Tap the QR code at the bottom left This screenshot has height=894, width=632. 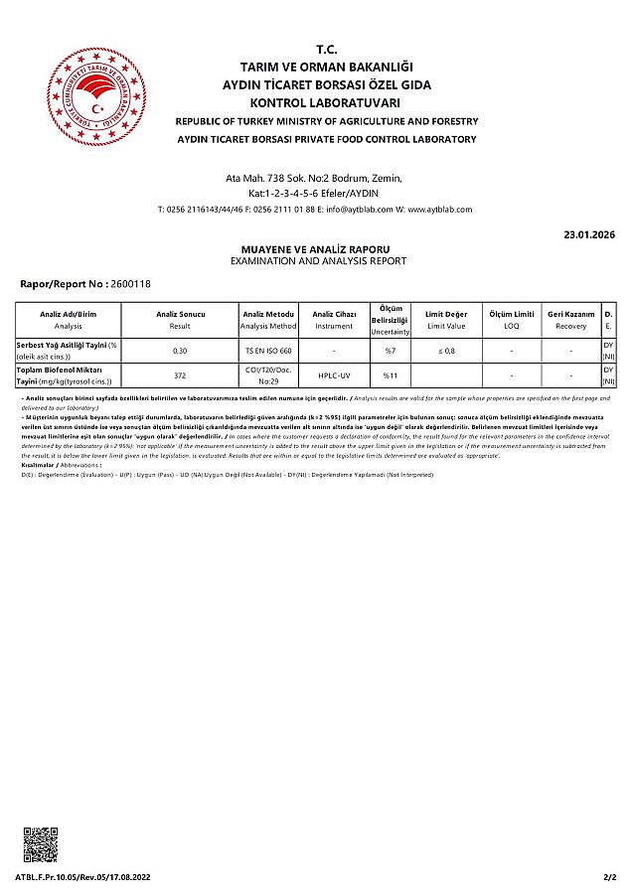[42, 844]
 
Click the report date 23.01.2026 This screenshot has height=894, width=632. [589, 234]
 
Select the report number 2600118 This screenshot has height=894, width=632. [132, 284]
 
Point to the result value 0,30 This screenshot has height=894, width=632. [180, 351]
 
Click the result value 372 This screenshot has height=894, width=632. [180, 375]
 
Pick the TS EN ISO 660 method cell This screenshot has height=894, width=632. [268, 351]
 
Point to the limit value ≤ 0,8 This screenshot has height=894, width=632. [446, 351]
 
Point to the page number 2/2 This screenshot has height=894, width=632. [609, 878]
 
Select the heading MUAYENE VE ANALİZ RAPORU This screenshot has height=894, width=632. [317, 249]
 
